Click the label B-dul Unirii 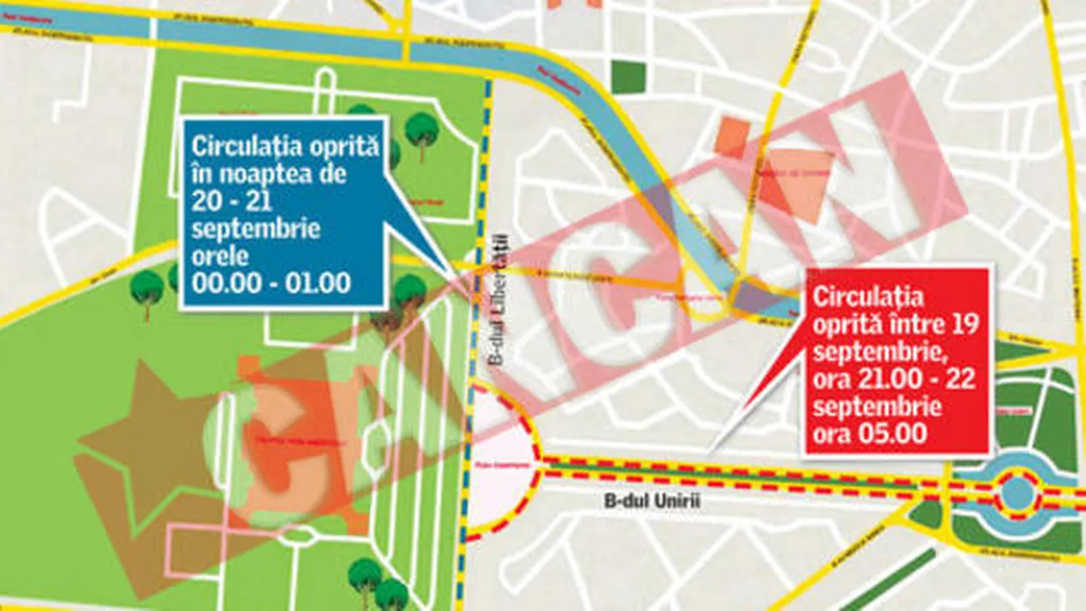point(646,502)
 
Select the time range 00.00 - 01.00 point(271,284)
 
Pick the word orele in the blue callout point(215,257)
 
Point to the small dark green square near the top point(628,78)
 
